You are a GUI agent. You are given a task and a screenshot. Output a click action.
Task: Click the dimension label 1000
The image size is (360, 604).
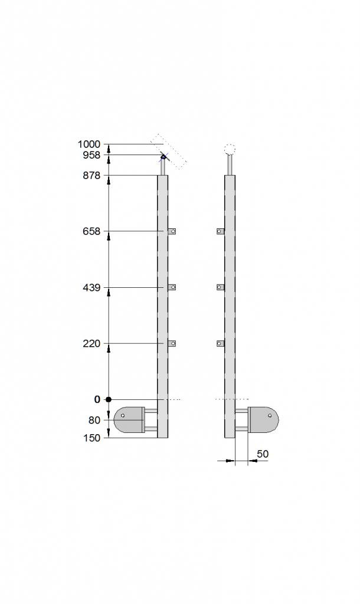click(89, 145)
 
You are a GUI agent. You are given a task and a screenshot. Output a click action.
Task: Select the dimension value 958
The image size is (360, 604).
click(91, 155)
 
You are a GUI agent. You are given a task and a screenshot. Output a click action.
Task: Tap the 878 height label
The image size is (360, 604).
click(91, 176)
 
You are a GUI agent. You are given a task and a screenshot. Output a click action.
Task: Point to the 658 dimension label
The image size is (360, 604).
click(91, 231)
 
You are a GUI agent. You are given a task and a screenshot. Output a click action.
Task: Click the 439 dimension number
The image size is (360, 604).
click(91, 288)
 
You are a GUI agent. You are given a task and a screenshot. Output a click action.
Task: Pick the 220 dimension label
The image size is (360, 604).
click(91, 344)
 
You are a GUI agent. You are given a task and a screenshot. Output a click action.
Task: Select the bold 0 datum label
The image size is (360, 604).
click(97, 400)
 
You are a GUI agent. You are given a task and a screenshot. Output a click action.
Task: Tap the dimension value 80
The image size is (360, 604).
click(94, 420)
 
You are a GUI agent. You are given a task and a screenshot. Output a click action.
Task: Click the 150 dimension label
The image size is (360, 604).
click(91, 438)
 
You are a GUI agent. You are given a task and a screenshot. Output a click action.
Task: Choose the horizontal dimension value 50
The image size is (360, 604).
click(263, 454)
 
